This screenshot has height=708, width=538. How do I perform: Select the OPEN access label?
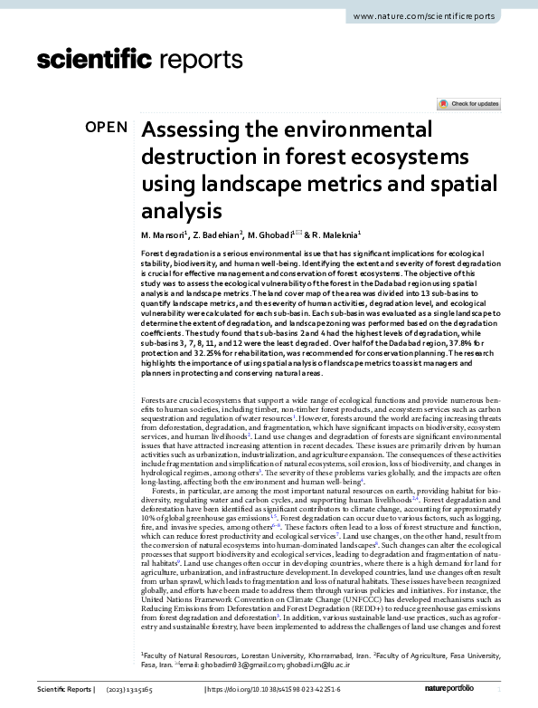click(x=106, y=127)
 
